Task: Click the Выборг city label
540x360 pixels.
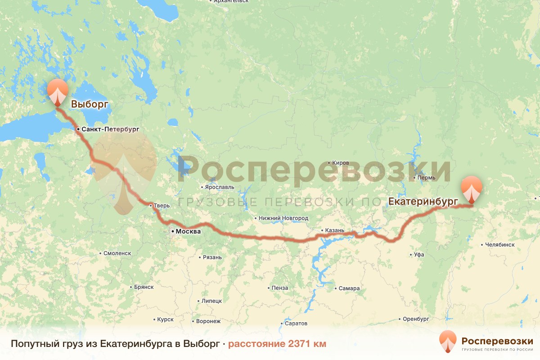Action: point(90,104)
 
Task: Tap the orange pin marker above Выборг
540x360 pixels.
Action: point(58,90)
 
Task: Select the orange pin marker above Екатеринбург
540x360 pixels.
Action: point(472,189)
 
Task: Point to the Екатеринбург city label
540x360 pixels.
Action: point(423,201)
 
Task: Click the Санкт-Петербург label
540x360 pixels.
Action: point(110,129)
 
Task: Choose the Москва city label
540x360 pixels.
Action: point(187,232)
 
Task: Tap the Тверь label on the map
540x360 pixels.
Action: point(162,206)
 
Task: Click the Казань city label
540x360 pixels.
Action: point(335,230)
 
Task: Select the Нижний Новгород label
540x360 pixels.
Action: point(283,218)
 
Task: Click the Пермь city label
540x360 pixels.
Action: point(427,178)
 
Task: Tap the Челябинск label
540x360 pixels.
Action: point(500,245)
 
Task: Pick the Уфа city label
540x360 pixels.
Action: point(419,255)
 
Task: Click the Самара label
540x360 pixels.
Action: point(350,288)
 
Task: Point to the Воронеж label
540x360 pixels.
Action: point(208,321)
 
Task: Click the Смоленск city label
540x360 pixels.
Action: point(117,253)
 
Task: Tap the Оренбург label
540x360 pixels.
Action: point(416,319)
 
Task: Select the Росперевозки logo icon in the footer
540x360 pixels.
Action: point(448,342)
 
